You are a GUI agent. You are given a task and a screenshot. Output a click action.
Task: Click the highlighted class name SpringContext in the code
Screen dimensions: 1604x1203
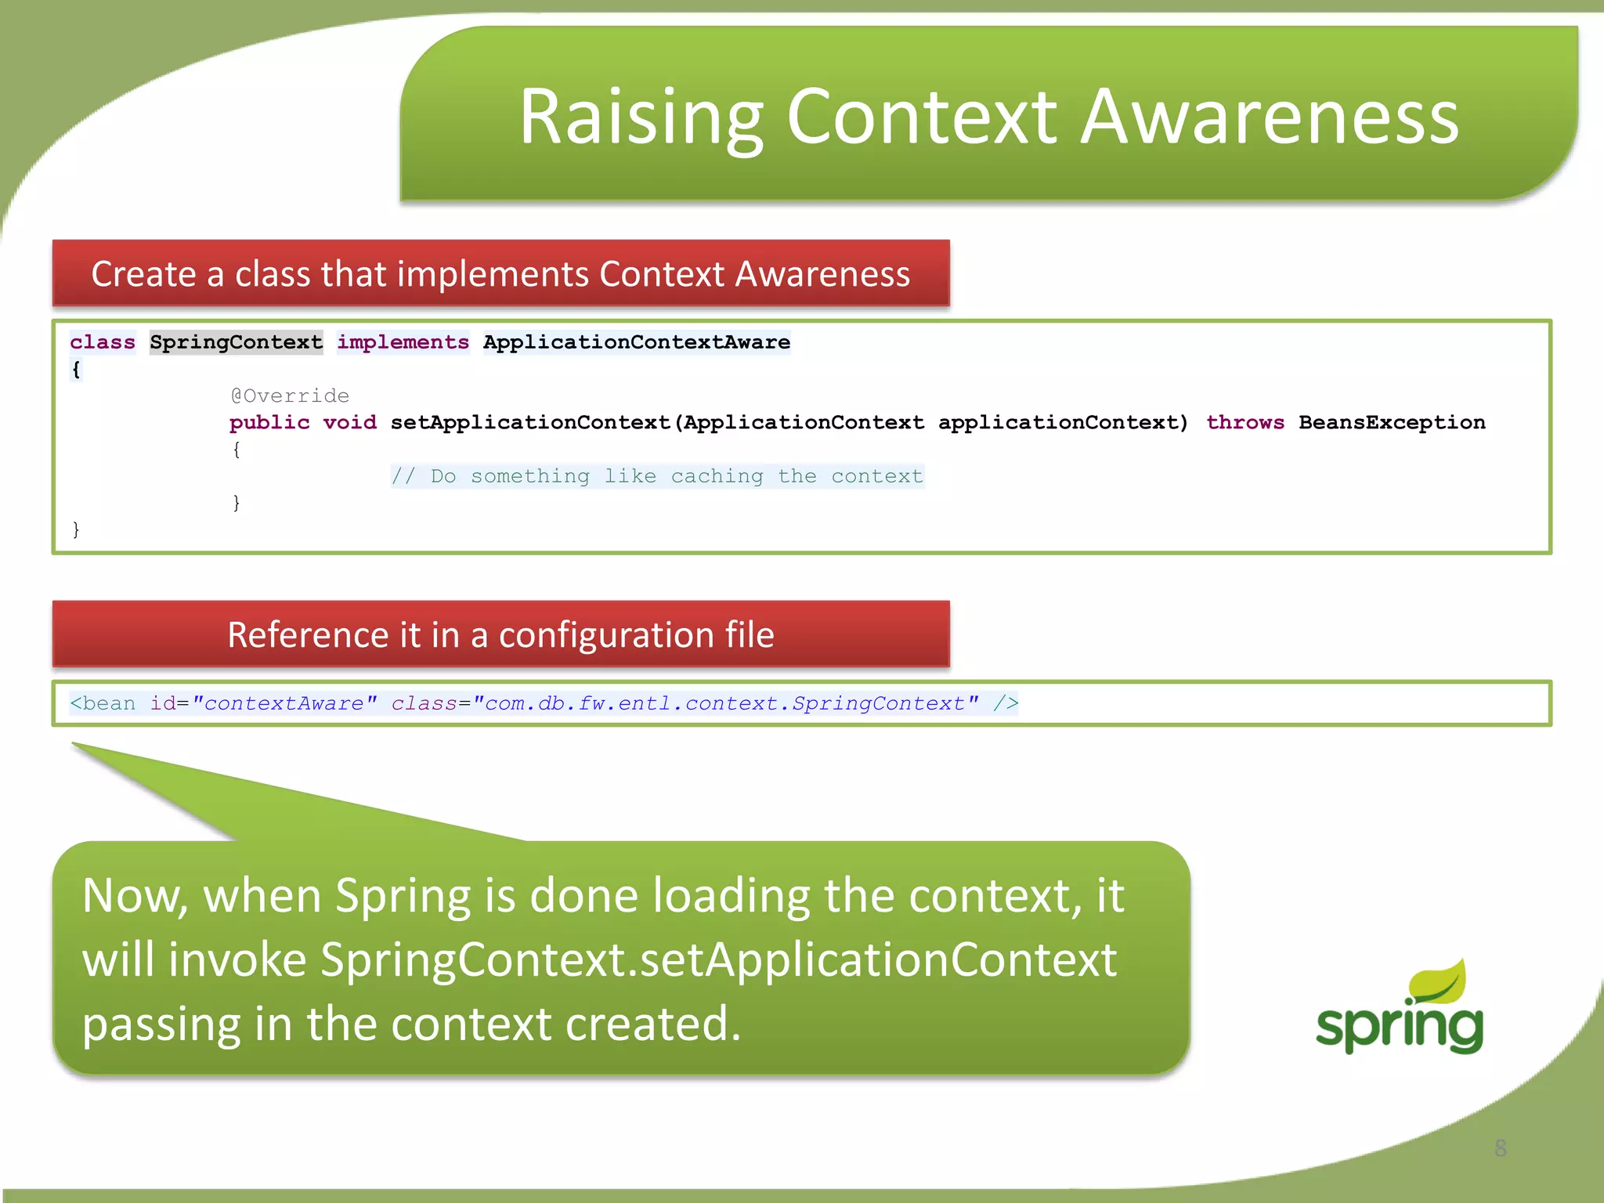click(236, 342)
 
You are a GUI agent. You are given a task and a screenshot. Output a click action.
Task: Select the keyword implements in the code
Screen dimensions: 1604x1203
click(403, 342)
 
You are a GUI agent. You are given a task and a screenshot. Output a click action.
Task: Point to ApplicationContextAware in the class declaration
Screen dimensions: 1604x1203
click(636, 342)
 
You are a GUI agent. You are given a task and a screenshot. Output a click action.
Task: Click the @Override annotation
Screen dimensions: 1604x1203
click(290, 396)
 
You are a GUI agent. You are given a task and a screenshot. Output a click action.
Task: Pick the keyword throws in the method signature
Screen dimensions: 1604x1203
click(1245, 422)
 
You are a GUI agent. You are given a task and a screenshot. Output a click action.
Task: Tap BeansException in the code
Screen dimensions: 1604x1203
click(1391, 422)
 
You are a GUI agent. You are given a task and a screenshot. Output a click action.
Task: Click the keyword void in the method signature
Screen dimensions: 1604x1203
click(349, 422)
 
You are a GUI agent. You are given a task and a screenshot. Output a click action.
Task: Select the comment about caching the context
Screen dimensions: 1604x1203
click(657, 476)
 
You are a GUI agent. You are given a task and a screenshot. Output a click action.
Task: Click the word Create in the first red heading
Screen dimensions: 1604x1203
click(143, 274)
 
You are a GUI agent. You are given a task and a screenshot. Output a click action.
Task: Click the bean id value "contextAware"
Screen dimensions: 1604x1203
click(284, 703)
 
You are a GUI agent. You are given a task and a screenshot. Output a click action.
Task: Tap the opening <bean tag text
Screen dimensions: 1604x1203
click(102, 703)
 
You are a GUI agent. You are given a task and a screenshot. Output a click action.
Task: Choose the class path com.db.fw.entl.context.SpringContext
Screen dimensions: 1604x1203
click(725, 703)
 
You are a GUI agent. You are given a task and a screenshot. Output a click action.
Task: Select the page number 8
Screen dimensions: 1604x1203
click(1500, 1148)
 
